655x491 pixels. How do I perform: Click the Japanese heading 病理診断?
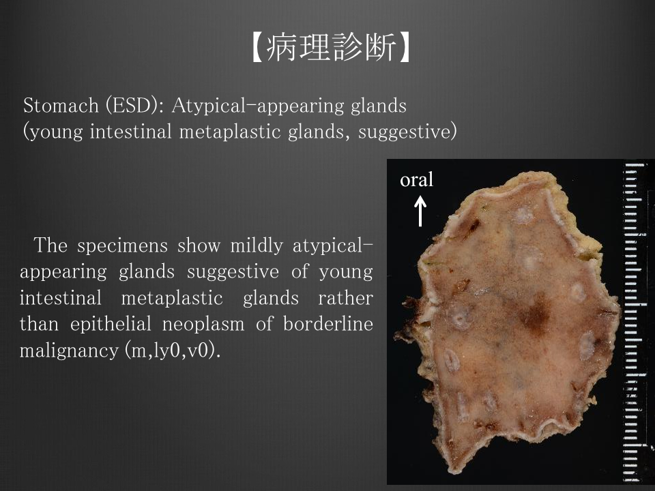point(331,47)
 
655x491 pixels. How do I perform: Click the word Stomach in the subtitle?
point(61,105)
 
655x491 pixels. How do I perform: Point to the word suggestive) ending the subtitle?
point(407,132)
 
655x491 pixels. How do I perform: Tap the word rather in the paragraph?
point(345,298)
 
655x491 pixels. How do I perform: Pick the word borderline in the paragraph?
point(328,324)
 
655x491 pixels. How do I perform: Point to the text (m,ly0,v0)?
point(172,351)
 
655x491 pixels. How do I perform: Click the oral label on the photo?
point(416,179)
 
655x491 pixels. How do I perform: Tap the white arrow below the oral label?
point(420,211)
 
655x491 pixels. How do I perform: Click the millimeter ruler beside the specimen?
point(633,321)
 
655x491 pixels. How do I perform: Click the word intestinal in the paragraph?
point(61,298)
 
